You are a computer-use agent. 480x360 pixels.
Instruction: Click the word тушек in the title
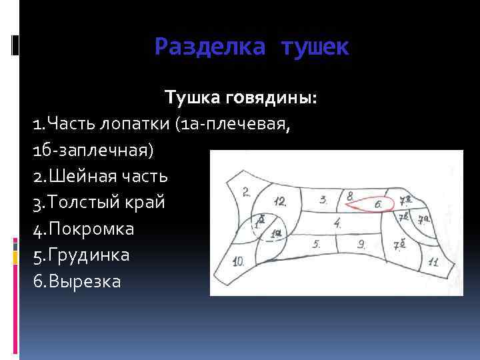315,47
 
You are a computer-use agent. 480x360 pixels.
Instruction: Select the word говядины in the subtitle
273,99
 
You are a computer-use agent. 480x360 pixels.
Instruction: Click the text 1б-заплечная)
93,150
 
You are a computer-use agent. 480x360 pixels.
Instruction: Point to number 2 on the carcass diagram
246,192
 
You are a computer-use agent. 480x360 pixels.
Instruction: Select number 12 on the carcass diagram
279,202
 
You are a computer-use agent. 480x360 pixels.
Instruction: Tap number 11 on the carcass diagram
433,262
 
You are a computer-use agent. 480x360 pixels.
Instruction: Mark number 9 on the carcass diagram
361,245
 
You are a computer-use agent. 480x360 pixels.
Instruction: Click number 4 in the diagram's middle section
339,223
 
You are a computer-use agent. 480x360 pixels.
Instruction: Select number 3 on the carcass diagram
323,199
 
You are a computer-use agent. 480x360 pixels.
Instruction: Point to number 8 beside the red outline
350,196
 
